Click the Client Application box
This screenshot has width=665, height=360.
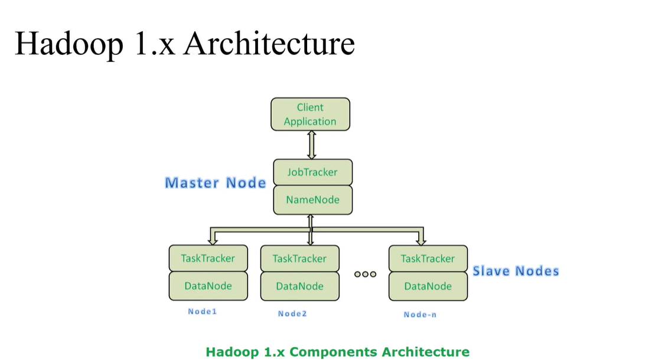pos(310,114)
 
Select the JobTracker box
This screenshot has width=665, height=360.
pos(312,172)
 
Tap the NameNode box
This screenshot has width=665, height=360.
pos(312,200)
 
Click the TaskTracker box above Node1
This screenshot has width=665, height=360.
pos(208,258)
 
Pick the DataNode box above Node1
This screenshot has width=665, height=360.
pos(208,286)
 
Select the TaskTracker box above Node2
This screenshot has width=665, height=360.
pos(299,258)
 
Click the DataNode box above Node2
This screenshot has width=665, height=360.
pos(299,286)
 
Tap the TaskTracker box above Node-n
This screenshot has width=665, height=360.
pos(428,258)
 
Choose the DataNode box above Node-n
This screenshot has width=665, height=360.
pos(428,286)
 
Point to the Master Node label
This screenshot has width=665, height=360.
pos(215,183)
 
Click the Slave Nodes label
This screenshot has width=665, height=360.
pos(515,271)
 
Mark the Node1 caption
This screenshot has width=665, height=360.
pos(202,312)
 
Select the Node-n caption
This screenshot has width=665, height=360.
pos(420,315)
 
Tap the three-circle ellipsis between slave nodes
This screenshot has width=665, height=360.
pos(365,274)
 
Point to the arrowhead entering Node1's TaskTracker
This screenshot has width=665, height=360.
pos(212,241)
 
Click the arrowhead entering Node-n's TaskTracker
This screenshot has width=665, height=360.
pos(420,241)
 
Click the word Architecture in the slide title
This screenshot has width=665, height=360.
pos(269,44)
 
